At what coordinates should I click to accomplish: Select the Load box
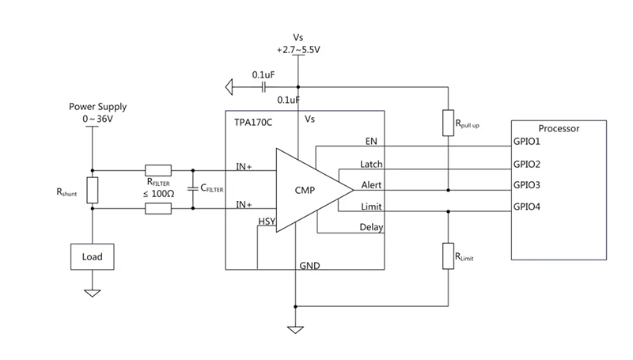[92, 257]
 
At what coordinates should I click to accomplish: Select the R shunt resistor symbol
[92, 190]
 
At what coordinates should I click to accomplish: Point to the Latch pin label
[371, 165]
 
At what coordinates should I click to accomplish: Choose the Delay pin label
[371, 228]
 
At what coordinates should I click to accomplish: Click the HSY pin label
[267, 222]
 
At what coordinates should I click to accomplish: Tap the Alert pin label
[371, 186]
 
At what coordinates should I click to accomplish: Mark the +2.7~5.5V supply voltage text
[298, 49]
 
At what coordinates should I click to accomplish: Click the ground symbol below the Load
[92, 292]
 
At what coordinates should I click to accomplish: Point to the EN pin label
[371, 142]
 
